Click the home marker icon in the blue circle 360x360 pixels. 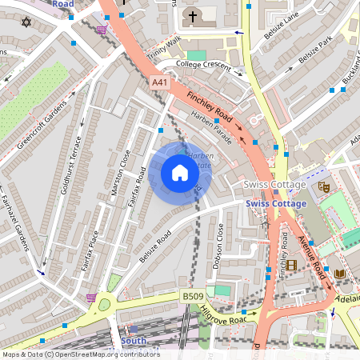(x=180, y=173)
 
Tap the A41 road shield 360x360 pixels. (x=159, y=82)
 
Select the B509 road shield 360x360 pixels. (x=192, y=296)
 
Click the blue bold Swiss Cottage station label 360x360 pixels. (x=276, y=204)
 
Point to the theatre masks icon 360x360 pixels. (x=324, y=186)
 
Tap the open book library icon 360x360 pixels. (x=339, y=274)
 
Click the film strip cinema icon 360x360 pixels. (x=291, y=265)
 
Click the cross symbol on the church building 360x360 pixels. (x=192, y=16)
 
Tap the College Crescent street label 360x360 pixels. (x=203, y=65)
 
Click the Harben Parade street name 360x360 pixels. (x=211, y=128)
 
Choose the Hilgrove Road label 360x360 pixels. (x=226, y=310)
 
